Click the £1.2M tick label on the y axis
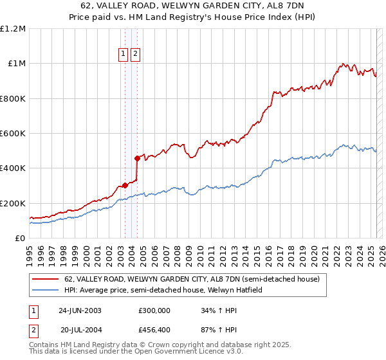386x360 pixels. click(13, 29)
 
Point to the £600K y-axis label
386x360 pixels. click(12, 134)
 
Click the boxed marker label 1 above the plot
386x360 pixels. click(124, 55)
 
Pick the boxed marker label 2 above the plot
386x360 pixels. click(135, 55)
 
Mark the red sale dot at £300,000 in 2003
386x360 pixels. click(125, 186)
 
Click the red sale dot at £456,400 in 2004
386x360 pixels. click(137, 158)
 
